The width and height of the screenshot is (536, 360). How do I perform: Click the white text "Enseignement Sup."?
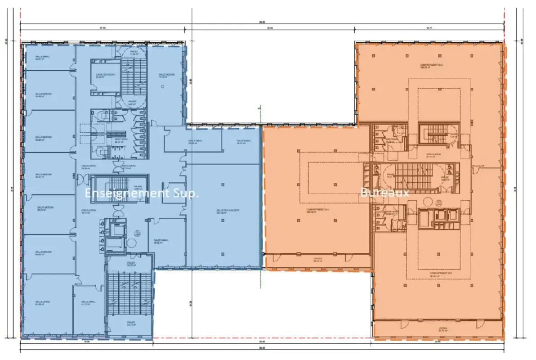click(x=142, y=193)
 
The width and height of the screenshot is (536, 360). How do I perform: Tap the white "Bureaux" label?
click(x=384, y=193)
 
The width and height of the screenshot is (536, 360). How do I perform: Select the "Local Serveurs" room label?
click(x=106, y=76)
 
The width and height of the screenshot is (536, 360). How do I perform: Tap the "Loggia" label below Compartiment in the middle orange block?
click(x=317, y=260)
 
